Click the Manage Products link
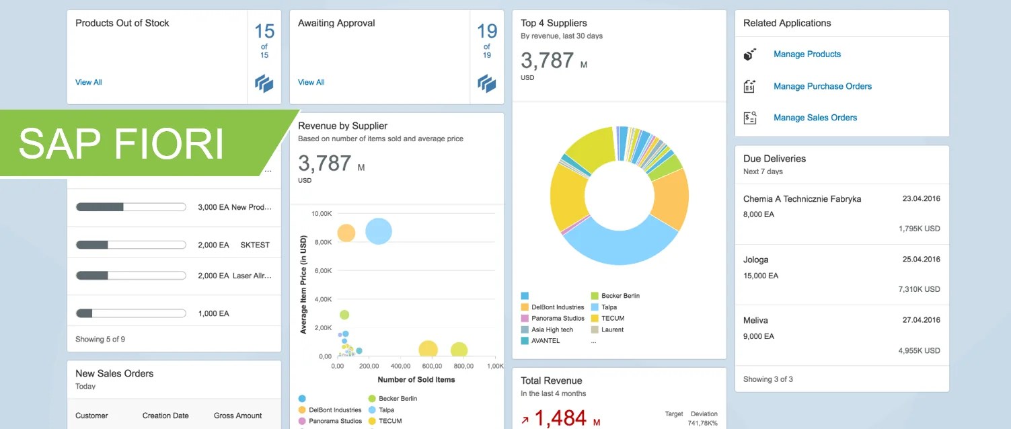pos(807,54)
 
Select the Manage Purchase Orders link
pos(822,86)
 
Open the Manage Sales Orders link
pos(815,118)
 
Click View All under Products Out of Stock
pos(89,83)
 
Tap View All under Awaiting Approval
pos(311,83)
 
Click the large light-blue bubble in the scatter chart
pos(379,231)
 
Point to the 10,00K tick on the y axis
pos(321,214)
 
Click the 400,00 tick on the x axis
pos(400,366)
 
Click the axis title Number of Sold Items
pos(416,380)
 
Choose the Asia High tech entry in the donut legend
pos(552,329)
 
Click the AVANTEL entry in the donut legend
pos(546,341)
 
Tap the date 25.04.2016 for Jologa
pos(921,260)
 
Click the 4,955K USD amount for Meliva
pos(919,351)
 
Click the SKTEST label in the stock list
pos(255,245)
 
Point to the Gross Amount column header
pos(237,416)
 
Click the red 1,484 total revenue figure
pos(560,418)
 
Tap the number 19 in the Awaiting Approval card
pos(487,31)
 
